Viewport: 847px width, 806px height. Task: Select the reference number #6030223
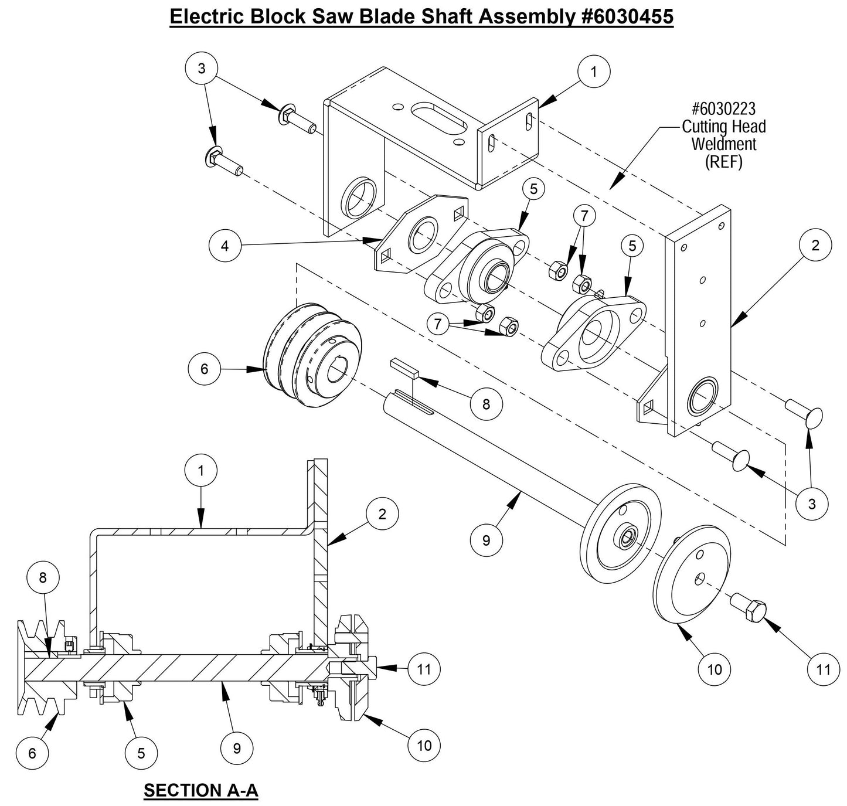723,109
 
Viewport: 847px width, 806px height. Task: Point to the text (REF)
723,162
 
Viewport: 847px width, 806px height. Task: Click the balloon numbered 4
225,246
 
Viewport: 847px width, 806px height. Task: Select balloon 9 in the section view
237,748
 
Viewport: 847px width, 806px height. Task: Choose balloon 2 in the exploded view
815,246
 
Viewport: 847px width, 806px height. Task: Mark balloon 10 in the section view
424,745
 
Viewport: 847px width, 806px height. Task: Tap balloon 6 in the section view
32,753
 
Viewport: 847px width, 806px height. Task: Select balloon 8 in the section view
43,577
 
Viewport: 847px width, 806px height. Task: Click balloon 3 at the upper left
201,69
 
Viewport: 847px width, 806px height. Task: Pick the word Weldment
723,144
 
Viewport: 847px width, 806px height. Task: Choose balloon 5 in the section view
141,753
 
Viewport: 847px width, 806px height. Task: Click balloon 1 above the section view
200,471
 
